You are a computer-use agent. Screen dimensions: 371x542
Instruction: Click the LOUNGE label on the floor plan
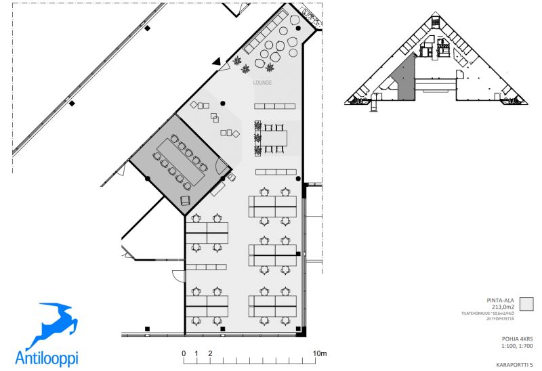coord(262,83)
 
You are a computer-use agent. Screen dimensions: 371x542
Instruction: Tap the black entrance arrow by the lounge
coord(217,62)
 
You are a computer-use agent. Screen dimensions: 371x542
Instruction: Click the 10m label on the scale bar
coord(319,353)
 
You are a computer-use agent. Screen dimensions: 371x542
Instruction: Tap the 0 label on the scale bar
coord(184,353)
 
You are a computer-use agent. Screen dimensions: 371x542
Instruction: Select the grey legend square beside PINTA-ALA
coord(526,304)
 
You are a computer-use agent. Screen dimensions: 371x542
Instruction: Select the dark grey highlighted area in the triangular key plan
coord(404,80)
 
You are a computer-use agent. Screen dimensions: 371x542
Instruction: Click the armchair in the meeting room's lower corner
coord(186,199)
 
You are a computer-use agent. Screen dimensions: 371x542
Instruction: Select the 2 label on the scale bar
coord(211,353)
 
